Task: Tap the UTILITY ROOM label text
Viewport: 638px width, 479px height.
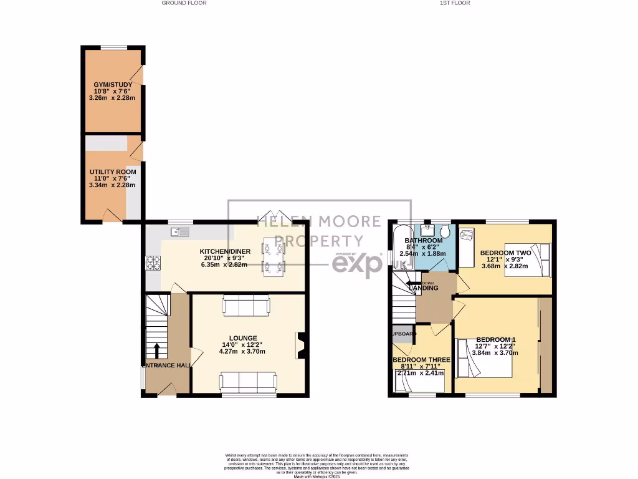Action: (x=113, y=172)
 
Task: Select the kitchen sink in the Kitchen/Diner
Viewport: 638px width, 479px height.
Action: (x=181, y=233)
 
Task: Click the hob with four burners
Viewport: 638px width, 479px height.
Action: (x=153, y=264)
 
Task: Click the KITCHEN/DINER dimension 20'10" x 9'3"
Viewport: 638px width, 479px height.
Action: (x=224, y=258)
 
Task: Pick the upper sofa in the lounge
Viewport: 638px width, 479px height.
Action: (x=247, y=306)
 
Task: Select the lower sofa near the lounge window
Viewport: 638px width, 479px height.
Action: (x=248, y=382)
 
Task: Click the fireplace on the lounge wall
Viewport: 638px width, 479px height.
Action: (x=300, y=346)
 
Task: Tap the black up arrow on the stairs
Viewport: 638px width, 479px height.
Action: (x=156, y=349)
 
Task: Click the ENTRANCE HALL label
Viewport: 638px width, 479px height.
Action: (x=166, y=365)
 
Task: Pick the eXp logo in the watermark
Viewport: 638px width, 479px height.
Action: (x=356, y=264)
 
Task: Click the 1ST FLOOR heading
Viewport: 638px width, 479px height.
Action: (x=454, y=3)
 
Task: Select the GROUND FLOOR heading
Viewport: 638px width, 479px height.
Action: (x=184, y=3)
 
